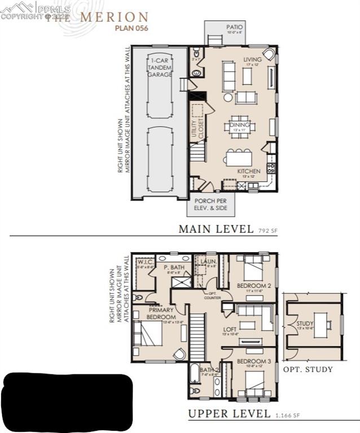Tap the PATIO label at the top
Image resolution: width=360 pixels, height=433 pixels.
coord(235,27)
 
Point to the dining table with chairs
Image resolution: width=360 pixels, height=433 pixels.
coord(239,127)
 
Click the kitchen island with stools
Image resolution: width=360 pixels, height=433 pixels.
coord(239,156)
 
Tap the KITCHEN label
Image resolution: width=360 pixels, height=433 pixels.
coord(248,170)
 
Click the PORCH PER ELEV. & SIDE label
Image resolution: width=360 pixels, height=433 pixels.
coord(210,204)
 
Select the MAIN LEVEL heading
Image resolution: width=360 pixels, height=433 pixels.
coord(216,229)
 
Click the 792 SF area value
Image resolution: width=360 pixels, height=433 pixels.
coord(268,231)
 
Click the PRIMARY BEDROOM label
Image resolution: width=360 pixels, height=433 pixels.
coord(161,313)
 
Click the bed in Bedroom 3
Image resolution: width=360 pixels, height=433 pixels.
coord(254,379)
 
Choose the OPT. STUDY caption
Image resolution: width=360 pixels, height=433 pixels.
coord(308,369)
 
